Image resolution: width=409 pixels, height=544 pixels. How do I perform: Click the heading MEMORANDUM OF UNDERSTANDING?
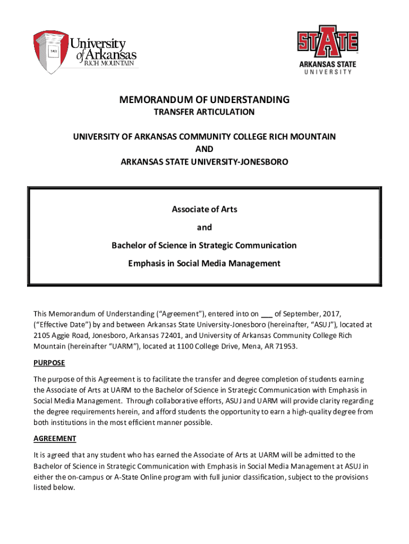[x=204, y=99]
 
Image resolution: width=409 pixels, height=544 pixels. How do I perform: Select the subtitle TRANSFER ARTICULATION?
[x=204, y=112]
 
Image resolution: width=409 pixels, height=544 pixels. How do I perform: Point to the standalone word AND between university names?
[x=204, y=149]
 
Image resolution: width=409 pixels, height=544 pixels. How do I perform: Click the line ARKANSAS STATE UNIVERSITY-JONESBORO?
[x=204, y=161]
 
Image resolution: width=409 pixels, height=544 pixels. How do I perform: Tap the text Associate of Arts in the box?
[x=204, y=209]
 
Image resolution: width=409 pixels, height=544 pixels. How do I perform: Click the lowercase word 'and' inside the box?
[x=204, y=227]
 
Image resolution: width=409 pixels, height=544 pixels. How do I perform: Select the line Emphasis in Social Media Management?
[x=204, y=263]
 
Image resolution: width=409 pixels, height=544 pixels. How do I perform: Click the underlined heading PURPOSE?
[x=49, y=363]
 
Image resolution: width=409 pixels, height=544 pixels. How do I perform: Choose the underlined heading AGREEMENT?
[x=55, y=439]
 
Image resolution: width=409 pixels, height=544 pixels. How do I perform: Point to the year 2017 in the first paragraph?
[x=337, y=314]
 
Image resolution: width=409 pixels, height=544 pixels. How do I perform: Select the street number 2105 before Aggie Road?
[x=42, y=336]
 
